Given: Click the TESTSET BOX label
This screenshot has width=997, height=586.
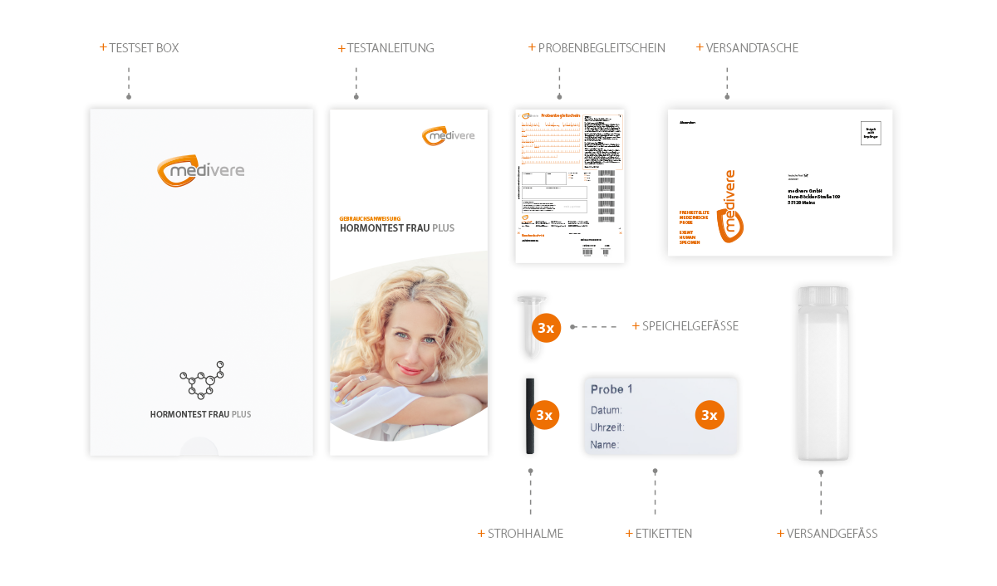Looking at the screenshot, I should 141,48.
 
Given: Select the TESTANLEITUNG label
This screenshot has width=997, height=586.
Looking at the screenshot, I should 387,48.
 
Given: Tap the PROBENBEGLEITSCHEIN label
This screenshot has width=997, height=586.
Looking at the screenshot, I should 597,48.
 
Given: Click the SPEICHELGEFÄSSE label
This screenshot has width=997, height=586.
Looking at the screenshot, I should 686,326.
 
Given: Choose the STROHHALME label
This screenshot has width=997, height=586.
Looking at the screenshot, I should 520,534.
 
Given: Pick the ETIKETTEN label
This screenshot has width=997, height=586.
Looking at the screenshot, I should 658,534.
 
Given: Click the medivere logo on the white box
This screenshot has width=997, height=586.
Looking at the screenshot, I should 200,170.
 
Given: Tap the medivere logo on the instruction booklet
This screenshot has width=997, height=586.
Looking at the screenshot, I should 447,135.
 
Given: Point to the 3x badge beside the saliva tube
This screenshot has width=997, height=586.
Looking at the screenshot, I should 546,329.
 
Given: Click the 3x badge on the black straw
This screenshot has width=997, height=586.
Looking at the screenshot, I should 545,414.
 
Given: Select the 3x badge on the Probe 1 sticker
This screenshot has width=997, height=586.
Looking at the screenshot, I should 709,414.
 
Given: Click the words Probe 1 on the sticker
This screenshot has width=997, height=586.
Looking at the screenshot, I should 611,389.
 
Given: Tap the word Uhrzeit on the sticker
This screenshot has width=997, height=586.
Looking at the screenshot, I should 607,427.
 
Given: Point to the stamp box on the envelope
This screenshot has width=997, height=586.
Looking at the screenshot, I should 870,133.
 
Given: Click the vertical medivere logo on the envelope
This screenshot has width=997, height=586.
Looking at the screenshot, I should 729,208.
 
